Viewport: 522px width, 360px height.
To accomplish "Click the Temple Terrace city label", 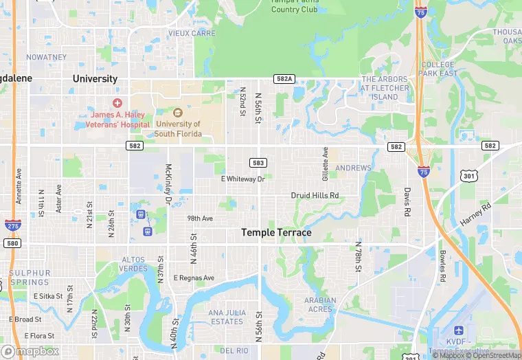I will pos(276,233).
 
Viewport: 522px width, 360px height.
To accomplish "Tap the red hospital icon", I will pos(117,102).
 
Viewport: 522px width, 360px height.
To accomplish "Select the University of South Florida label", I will pos(178,128).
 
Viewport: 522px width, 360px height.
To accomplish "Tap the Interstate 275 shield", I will pos(12,224).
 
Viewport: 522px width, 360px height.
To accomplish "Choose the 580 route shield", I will pos(12,243).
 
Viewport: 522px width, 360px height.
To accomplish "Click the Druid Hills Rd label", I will pos(315,196).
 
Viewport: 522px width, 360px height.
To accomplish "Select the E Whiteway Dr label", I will pos(242,179).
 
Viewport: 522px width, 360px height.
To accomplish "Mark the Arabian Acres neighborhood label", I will pos(320,304).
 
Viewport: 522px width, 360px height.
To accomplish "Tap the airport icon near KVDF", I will pos(458,332).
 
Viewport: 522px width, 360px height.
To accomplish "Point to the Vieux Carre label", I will pos(192,33).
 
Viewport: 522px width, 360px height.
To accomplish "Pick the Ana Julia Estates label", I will pos(226,317).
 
